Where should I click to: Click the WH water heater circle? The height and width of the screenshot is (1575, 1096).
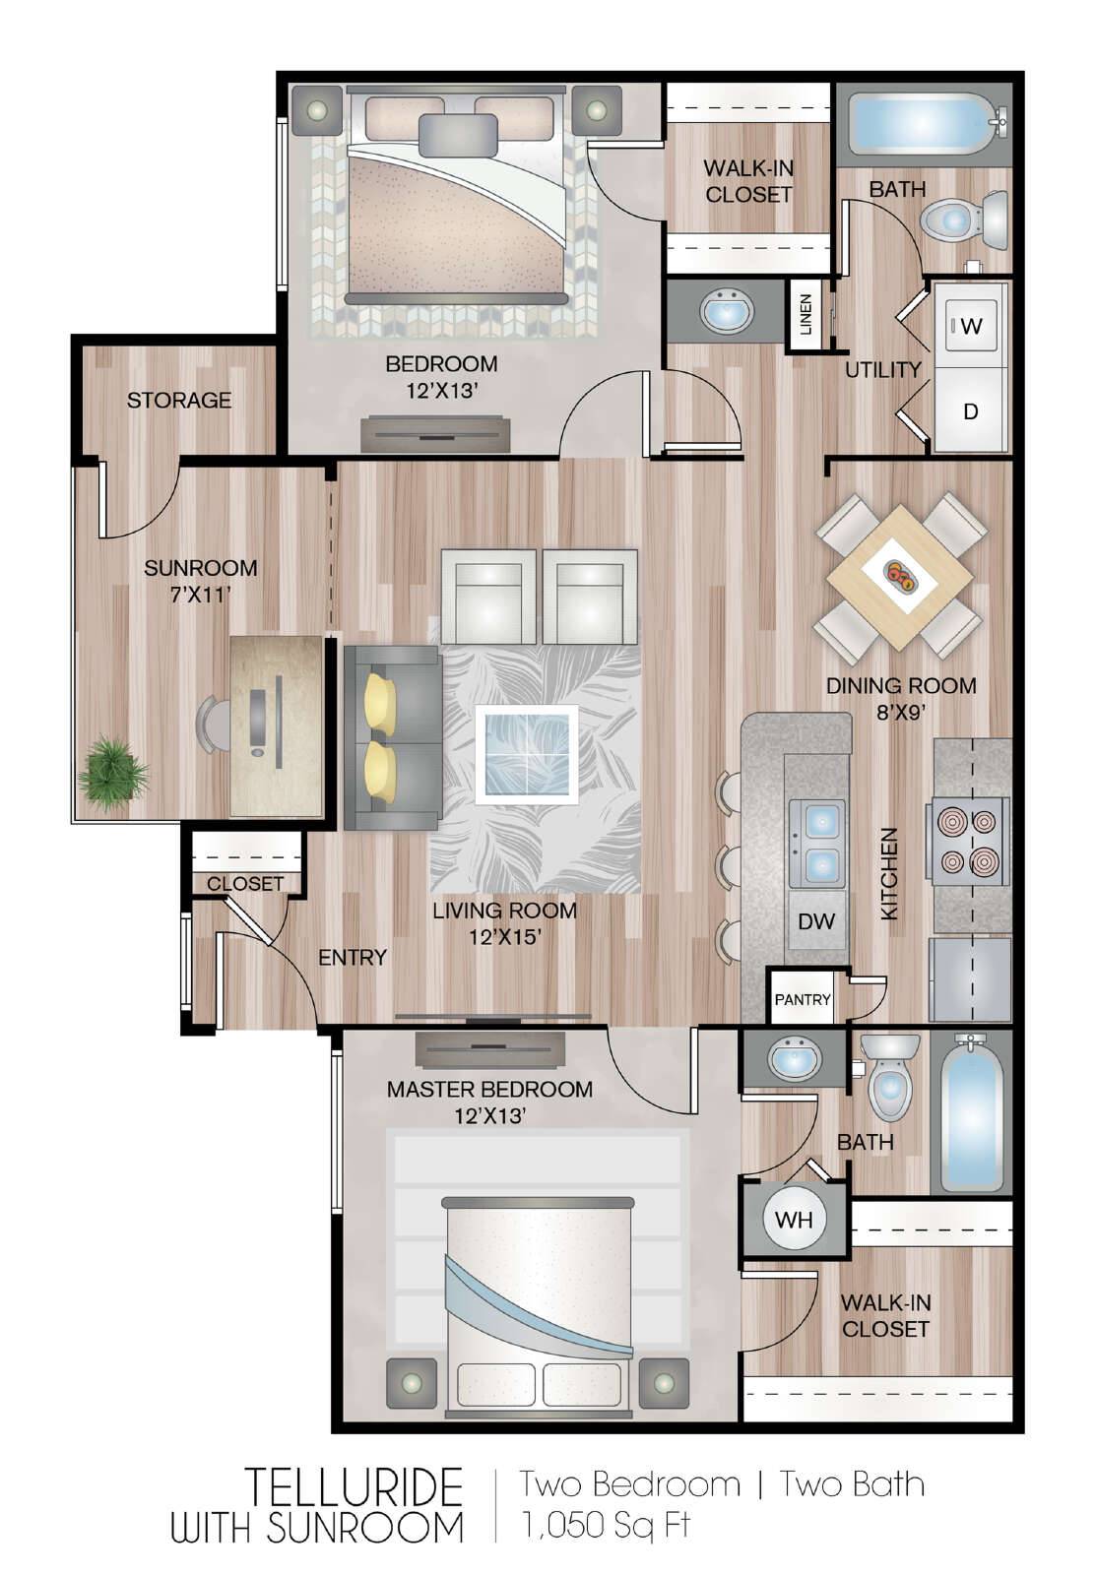pos(794,1219)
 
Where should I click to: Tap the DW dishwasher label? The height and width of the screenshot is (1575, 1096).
pos(816,920)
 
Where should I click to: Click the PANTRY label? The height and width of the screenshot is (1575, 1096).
pos(803,999)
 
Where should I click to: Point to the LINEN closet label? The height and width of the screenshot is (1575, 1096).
pos(806,314)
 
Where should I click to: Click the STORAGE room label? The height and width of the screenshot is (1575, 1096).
pos(178,400)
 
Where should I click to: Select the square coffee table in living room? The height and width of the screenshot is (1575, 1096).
pos(527,754)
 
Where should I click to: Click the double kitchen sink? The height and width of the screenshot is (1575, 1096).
pos(817,843)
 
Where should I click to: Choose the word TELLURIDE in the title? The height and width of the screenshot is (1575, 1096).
pos(355,1487)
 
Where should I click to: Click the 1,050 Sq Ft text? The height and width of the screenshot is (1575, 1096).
pos(606,1525)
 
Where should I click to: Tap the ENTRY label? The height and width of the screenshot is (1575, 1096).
pos(353,958)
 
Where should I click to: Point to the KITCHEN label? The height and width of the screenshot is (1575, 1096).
pos(890,874)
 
